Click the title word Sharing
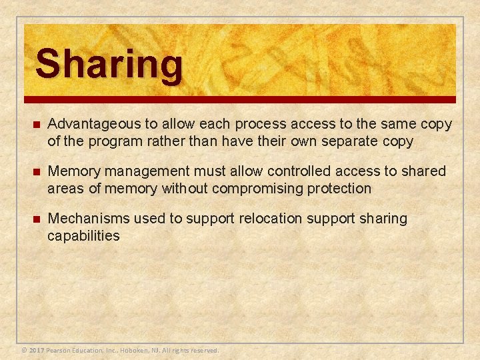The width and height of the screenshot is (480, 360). click(x=109, y=65)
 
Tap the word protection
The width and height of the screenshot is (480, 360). click(x=339, y=189)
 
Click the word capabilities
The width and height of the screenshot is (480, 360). click(x=83, y=235)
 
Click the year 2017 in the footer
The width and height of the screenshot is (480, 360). click(x=37, y=350)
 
